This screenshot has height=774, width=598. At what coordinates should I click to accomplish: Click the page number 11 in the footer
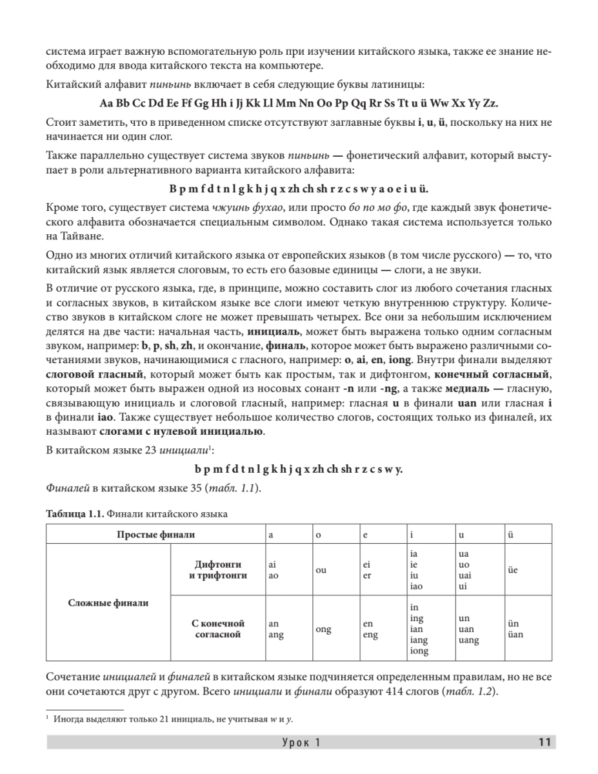[544, 742]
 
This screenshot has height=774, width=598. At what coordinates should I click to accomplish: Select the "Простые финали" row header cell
[155, 534]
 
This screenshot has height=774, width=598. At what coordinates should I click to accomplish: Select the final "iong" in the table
[419, 651]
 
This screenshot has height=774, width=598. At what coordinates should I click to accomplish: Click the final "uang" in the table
[468, 640]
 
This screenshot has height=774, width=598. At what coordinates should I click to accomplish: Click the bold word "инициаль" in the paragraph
[270, 332]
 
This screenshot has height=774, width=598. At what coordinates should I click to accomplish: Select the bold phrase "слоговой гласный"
[94, 374]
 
